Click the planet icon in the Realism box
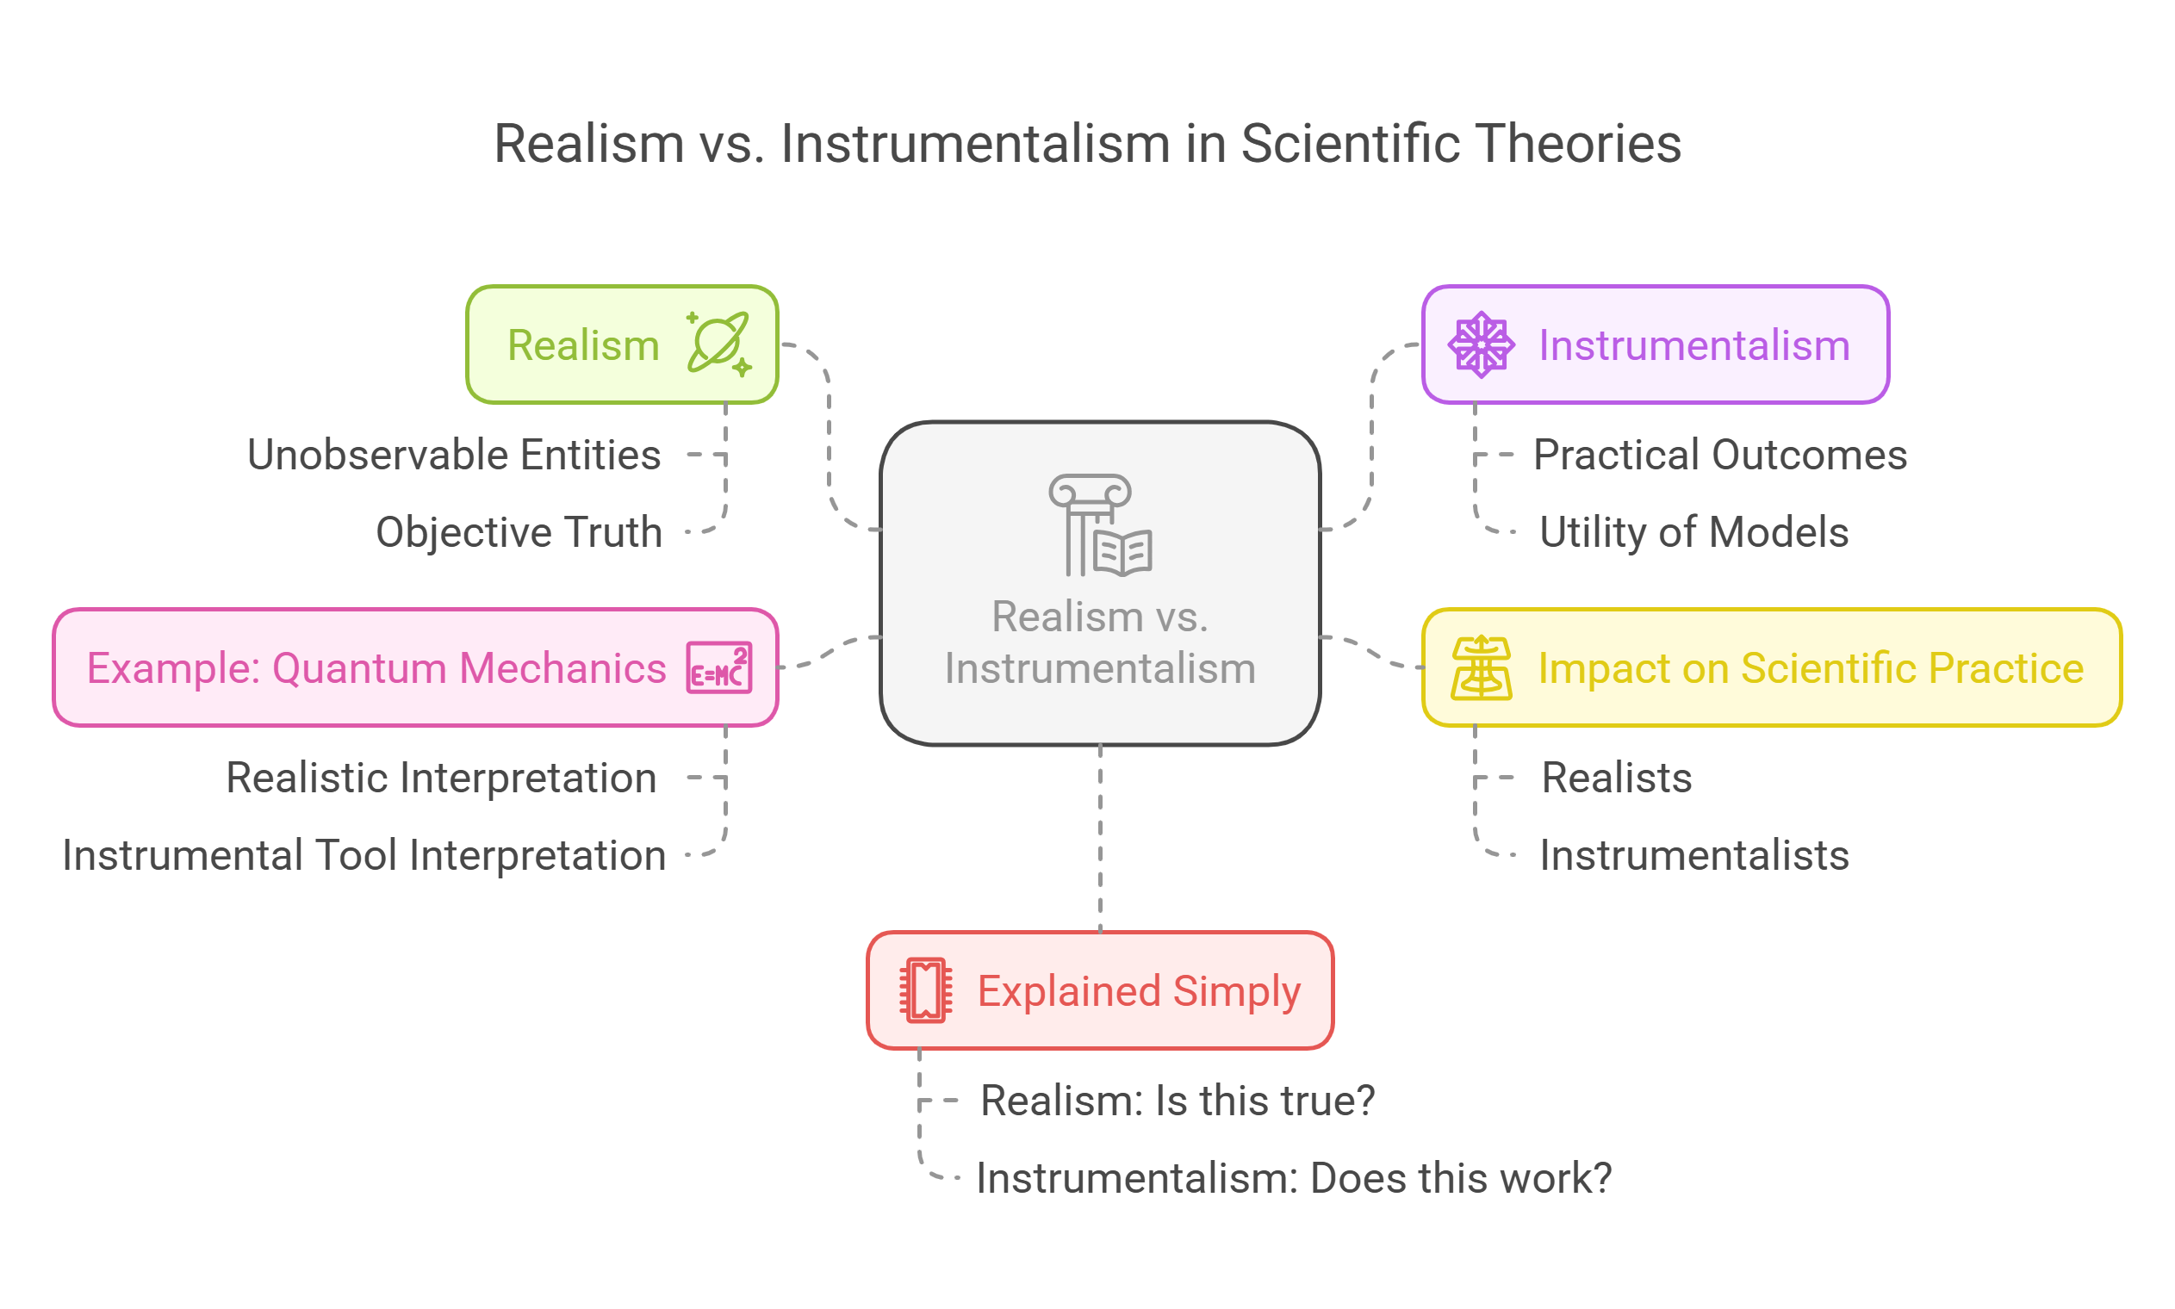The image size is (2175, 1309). (x=718, y=343)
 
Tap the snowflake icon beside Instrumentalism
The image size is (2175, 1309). (x=1481, y=344)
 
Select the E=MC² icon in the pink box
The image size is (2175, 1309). (x=718, y=667)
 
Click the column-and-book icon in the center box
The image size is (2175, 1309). (x=1099, y=525)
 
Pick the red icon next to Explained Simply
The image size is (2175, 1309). (x=925, y=990)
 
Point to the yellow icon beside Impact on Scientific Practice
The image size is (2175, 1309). (x=1481, y=667)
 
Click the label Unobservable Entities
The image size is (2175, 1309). (x=453, y=456)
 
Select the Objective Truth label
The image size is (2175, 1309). (x=519, y=532)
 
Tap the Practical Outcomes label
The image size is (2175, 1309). (x=1719, y=456)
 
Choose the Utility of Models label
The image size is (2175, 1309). (x=1693, y=532)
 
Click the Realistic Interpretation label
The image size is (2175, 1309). (x=441, y=778)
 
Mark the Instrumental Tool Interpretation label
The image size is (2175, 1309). (x=364, y=856)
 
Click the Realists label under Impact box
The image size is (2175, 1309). (x=1616, y=778)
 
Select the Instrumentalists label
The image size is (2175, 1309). (x=1693, y=856)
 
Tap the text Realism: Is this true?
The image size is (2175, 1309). (x=1178, y=1101)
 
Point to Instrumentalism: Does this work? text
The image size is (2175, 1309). (x=1293, y=1178)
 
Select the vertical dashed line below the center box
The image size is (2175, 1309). (x=1100, y=838)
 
